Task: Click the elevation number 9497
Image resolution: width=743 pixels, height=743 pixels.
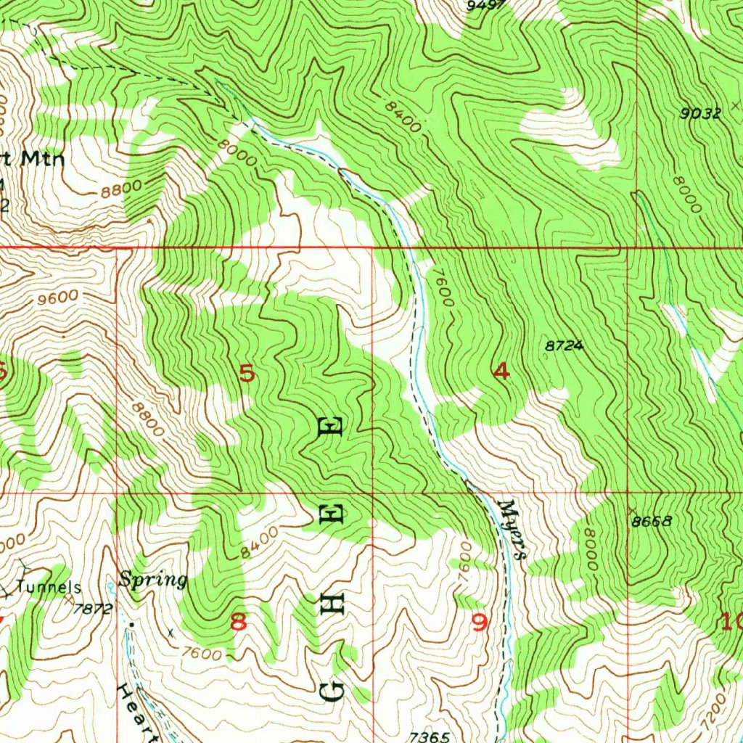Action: point(486,6)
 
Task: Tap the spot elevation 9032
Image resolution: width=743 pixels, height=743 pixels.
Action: point(700,113)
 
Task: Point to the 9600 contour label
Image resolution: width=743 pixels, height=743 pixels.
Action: point(54,297)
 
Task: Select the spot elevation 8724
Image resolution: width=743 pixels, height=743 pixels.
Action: point(564,346)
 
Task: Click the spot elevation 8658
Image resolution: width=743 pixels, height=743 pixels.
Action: point(652,521)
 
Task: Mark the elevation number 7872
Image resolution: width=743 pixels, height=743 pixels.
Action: point(93,609)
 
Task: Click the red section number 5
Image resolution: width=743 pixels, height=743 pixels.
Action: point(247,374)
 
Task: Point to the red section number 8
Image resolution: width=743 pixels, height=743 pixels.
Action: point(238,622)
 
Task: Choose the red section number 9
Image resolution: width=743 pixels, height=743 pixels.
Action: point(479,622)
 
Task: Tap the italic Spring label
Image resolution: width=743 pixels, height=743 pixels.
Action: point(153,580)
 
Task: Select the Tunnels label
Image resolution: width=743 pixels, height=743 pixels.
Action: point(49,586)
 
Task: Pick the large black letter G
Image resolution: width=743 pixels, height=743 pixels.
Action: point(332,691)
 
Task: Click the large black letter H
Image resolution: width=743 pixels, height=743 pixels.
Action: point(332,602)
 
